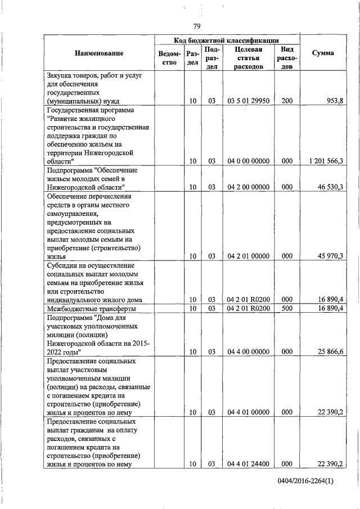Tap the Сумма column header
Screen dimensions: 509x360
[324, 53]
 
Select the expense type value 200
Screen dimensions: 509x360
[287, 101]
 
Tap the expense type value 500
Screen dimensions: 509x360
[287, 308]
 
